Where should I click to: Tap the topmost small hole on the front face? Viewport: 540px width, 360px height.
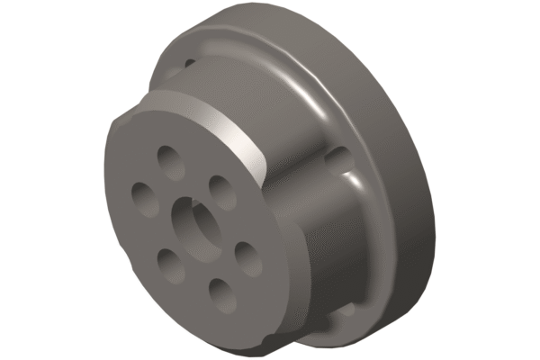coord(169,158)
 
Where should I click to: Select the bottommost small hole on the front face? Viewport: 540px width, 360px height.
coord(219,292)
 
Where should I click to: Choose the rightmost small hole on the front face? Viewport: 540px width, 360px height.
coord(246,257)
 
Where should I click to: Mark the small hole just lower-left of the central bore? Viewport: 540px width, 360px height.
coord(168,261)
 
